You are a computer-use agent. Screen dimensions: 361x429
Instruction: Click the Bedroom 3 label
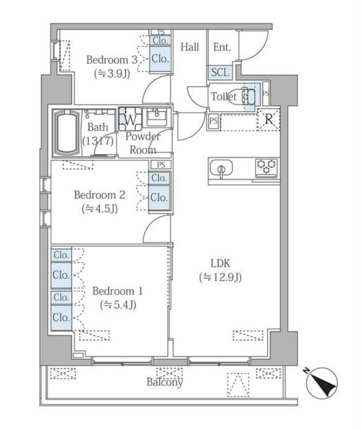click(112, 60)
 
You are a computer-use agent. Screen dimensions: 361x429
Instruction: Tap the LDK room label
click(220, 264)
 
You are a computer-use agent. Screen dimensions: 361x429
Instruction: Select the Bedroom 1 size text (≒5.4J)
click(118, 305)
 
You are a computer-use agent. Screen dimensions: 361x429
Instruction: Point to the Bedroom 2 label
click(100, 195)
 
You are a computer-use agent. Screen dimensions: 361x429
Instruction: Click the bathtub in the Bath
click(67, 133)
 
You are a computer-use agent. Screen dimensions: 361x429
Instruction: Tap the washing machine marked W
click(130, 120)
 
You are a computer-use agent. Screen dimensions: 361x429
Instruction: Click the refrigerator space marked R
click(269, 120)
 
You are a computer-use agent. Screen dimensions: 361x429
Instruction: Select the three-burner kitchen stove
click(266, 168)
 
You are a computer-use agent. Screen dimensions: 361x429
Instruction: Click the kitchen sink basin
click(221, 168)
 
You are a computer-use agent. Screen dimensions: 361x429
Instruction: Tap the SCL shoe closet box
click(220, 72)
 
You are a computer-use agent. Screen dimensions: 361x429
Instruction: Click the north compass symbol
click(322, 383)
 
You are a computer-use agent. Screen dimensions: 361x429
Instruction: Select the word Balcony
click(164, 382)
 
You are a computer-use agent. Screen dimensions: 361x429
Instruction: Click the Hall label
click(189, 47)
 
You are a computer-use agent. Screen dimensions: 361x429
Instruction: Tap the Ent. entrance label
click(222, 47)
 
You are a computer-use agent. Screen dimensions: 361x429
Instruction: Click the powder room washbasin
click(156, 117)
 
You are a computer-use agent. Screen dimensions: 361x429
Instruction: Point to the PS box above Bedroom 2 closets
click(161, 165)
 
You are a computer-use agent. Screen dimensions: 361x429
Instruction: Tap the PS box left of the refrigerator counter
click(214, 120)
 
